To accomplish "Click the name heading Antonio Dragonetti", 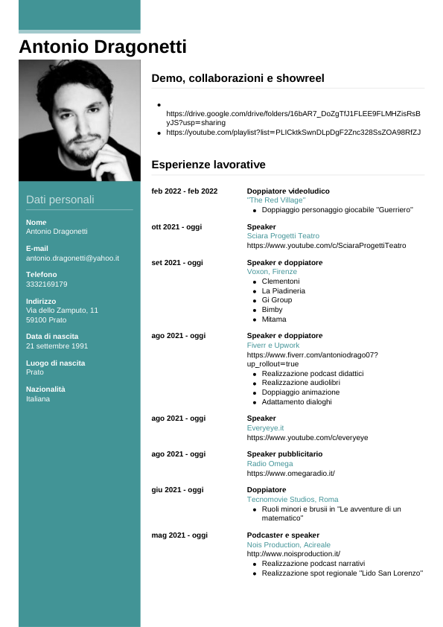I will [x=103, y=47].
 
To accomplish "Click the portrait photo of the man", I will [x=80, y=120].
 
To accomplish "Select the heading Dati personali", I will [x=60, y=200].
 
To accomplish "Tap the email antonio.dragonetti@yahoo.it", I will [x=72, y=258].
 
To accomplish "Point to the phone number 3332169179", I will [x=46, y=284].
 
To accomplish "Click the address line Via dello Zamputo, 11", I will [x=62, y=310].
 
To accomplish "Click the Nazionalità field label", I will [x=45, y=389].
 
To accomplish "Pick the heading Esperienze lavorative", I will [x=208, y=164].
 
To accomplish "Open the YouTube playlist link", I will [x=293, y=132].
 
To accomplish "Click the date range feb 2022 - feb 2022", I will [x=185, y=191].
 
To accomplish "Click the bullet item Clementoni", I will [x=281, y=281].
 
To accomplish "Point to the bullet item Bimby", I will [x=272, y=309].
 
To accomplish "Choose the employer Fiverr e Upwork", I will [x=273, y=346].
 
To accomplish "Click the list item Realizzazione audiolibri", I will [x=299, y=382].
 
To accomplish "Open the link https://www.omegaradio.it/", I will [x=291, y=473].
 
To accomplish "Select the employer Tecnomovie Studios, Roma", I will [x=293, y=499].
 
